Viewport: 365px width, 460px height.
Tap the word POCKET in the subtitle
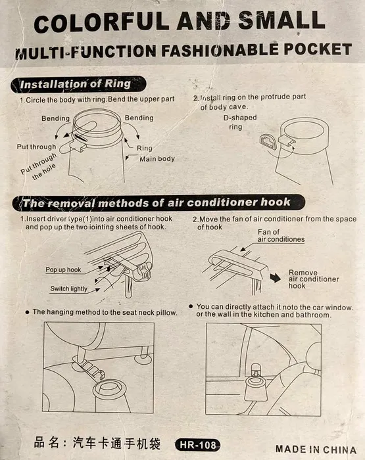318,49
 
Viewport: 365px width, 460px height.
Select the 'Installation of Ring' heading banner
78,85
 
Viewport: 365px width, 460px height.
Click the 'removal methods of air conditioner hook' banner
158,202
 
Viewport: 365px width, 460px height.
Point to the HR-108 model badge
197,445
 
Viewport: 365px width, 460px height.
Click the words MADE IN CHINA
316,449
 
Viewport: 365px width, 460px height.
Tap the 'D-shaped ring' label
239,122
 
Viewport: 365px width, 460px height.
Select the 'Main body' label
157,159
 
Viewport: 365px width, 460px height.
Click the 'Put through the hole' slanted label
39,166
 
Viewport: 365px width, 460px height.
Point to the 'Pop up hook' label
63,270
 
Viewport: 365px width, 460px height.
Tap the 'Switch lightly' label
68,288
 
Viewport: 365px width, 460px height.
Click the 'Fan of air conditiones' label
281,236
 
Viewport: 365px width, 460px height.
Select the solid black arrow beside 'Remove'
276,277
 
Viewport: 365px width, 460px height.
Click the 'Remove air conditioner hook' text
314,279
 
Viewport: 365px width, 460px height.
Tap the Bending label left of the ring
55,118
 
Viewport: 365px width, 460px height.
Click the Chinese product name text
97,443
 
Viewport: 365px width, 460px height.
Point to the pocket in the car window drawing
256,388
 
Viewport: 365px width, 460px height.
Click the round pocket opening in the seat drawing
110,390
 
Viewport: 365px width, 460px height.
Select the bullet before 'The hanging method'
28,312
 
